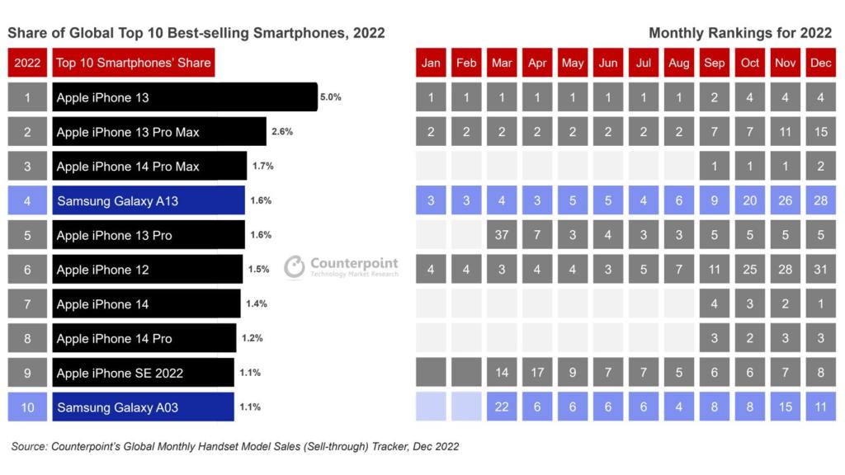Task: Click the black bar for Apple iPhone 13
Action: tap(185, 97)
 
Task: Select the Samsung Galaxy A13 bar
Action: tap(149, 200)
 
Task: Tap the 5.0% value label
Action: tap(330, 97)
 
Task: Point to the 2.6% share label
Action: tap(282, 131)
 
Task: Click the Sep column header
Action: tap(714, 63)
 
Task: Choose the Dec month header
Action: tap(821, 63)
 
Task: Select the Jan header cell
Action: tap(431, 63)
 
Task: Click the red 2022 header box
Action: tap(27, 63)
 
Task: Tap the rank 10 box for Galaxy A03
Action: tap(27, 407)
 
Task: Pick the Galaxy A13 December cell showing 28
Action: tap(821, 200)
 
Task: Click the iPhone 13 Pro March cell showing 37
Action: tap(502, 235)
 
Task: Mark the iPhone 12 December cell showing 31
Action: tap(821, 270)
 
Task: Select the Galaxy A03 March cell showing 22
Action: tap(502, 407)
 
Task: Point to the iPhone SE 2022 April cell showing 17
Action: tap(537, 373)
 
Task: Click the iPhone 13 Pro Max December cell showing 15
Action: tap(821, 131)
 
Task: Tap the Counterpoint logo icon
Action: tap(295, 266)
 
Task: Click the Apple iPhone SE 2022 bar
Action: tap(144, 373)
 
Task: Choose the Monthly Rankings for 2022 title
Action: tap(740, 33)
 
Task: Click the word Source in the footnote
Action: tap(29, 446)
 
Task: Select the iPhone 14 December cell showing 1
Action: tap(821, 303)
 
